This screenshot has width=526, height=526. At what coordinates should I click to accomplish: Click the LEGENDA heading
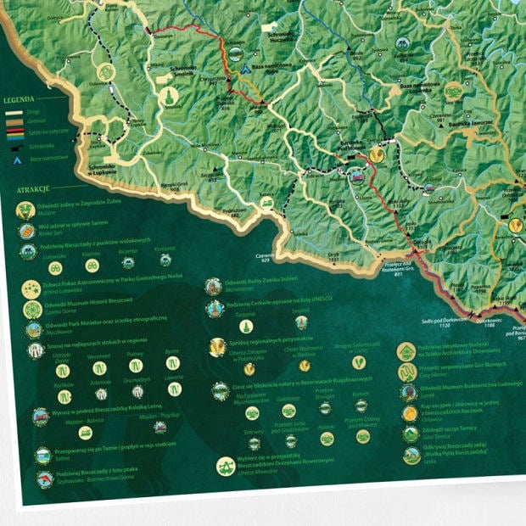pyautogui.click(x=19, y=100)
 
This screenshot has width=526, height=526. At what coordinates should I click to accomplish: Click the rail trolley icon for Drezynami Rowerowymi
pyautogui.click(x=225, y=467)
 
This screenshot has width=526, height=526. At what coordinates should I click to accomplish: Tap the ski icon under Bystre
pyautogui.click(x=172, y=364)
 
